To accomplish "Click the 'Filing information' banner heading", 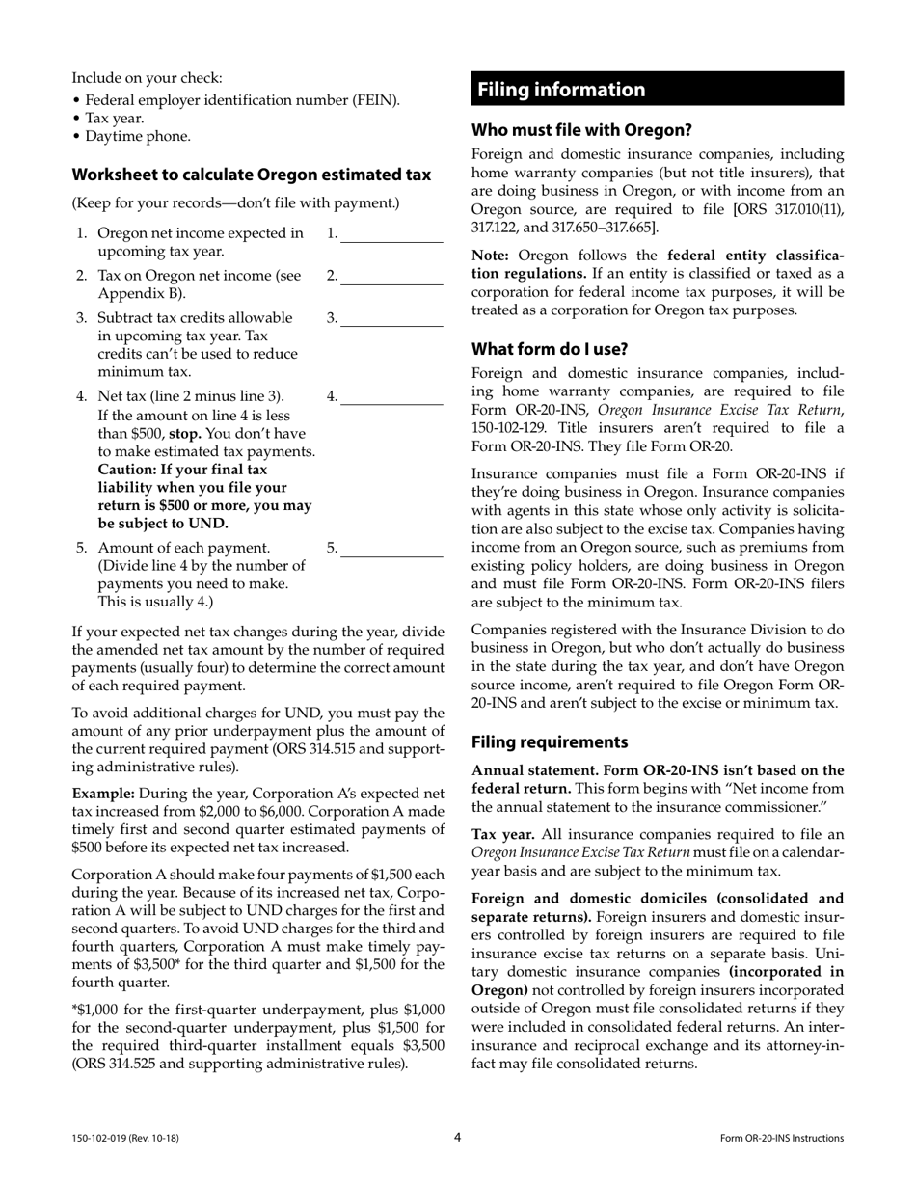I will [561, 90].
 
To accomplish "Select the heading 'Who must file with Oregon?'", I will [581, 129].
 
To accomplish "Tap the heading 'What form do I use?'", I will [549, 349].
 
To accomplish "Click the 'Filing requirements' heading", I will [550, 742].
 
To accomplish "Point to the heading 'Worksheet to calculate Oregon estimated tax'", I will [252, 175].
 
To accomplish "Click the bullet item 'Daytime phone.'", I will [138, 136].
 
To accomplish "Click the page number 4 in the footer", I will [458, 1137].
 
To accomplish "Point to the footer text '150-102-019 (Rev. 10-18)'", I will [125, 1139].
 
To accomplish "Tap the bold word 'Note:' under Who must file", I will [492, 256].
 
